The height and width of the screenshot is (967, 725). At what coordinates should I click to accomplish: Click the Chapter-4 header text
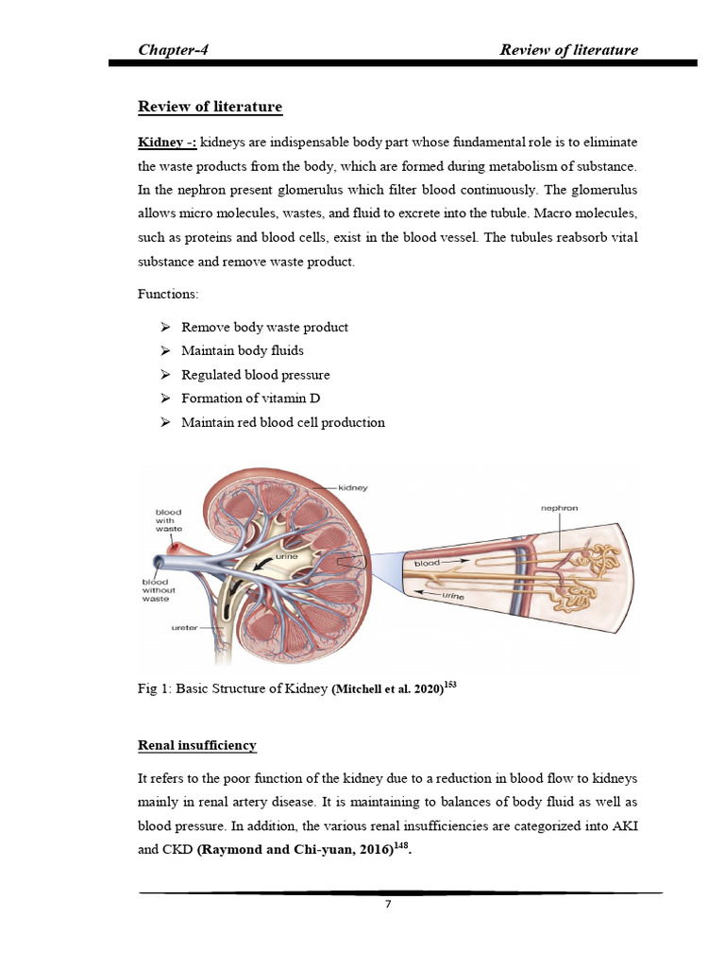(x=173, y=49)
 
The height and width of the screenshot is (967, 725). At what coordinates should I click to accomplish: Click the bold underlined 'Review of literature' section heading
(x=211, y=107)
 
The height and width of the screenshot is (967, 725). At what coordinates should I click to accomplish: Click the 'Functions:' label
(x=169, y=296)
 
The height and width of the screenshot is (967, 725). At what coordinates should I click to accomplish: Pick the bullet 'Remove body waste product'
(x=264, y=327)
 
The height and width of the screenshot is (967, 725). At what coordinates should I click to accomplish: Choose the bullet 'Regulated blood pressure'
(x=255, y=375)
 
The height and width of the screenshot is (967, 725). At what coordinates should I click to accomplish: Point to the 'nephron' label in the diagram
(x=559, y=508)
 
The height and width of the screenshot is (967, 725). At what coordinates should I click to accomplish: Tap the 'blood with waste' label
(x=170, y=520)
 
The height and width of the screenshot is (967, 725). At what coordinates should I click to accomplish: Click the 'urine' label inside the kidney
(x=287, y=559)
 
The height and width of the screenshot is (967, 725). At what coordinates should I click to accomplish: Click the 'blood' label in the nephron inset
(x=429, y=563)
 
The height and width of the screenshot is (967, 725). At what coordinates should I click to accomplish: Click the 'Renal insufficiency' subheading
(x=197, y=745)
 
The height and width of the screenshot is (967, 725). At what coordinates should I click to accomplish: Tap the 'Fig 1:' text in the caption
(x=153, y=690)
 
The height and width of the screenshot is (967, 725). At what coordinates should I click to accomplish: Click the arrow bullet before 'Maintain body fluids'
(x=164, y=350)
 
